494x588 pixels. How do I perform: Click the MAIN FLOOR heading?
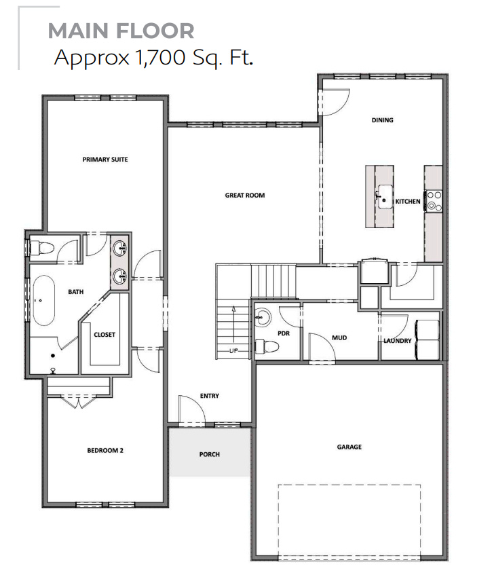pos(121,31)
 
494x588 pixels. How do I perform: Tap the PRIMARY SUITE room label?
pos(105,160)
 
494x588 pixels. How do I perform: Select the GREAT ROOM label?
pos(245,196)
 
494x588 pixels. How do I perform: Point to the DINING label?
pos(382,120)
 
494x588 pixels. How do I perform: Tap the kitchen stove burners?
pos(434,200)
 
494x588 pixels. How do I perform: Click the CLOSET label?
pos(104,335)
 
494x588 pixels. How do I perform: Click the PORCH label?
pos(210,454)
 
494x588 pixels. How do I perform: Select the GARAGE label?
pos(349,447)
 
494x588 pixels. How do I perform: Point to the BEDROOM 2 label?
pos(105,450)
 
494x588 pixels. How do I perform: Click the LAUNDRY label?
pos(397,341)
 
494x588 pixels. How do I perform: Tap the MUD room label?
pos(339,337)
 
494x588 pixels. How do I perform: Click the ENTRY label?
pos(210,396)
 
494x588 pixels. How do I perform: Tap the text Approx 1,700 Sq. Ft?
pos(154,58)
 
